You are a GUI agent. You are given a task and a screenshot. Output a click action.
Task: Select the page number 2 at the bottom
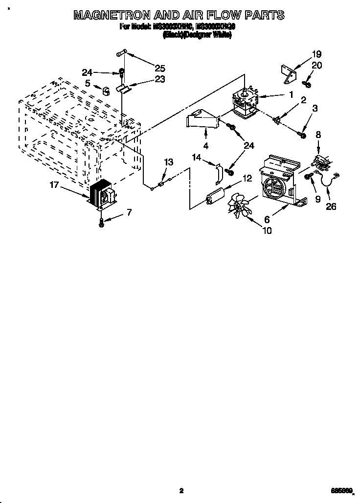(180, 490)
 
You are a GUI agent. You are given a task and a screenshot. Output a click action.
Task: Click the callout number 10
(267, 230)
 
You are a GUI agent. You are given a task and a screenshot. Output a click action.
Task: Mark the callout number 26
(331, 206)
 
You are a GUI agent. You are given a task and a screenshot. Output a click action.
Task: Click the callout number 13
(168, 162)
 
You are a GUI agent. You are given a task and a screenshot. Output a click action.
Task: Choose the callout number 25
(159, 68)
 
